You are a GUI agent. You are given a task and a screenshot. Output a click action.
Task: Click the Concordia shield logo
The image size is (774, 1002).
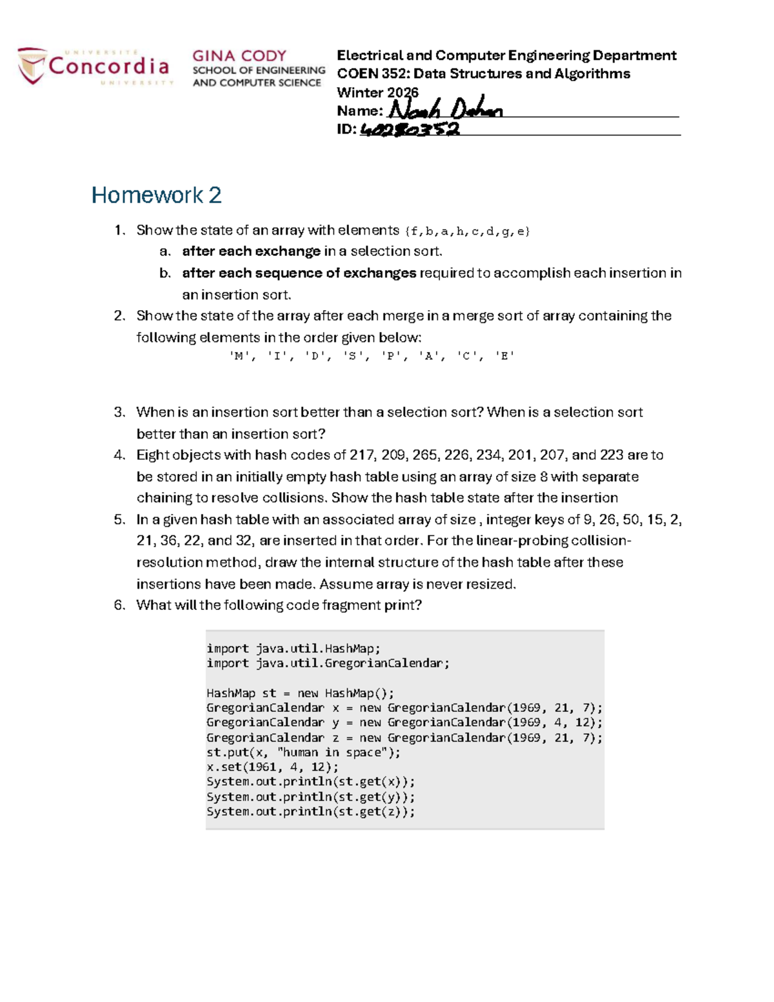tap(32, 66)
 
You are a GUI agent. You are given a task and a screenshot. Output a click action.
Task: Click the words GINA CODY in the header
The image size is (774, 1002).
tap(239, 56)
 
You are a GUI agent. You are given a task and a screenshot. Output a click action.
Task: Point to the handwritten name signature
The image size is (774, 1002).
tap(445, 110)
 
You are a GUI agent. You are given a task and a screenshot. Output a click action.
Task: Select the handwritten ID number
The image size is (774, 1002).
tap(410, 130)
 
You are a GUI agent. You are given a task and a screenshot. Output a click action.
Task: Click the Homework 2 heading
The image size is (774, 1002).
tap(156, 195)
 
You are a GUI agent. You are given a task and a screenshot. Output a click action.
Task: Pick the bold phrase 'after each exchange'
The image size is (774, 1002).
tap(251, 251)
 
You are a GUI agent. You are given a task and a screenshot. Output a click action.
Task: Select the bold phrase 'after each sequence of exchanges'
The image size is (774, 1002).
tap(299, 273)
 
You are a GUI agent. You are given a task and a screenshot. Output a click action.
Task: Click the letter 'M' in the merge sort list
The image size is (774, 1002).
tap(239, 356)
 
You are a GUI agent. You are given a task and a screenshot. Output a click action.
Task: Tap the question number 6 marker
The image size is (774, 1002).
tap(119, 605)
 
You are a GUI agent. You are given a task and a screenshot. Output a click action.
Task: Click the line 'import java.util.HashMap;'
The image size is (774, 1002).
tap(293, 649)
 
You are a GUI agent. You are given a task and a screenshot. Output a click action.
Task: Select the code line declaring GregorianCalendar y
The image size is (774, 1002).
tap(404, 723)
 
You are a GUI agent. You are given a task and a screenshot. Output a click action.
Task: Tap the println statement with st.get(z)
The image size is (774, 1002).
tap(311, 812)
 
